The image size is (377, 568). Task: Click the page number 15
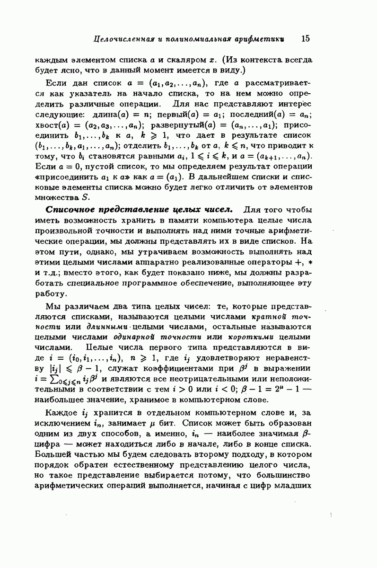(305, 38)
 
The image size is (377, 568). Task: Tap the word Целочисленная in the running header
(122, 39)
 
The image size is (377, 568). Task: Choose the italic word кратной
(268, 317)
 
